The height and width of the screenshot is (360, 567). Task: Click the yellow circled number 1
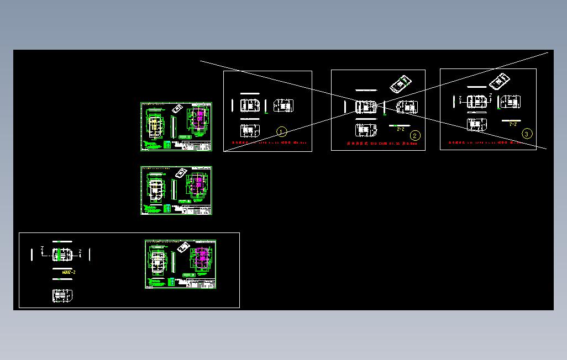pyautogui.click(x=281, y=131)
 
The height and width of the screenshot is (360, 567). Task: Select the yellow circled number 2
pyautogui.click(x=415, y=135)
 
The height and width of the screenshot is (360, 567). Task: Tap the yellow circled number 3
pyautogui.click(x=527, y=134)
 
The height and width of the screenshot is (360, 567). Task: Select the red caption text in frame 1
pyautogui.click(x=267, y=143)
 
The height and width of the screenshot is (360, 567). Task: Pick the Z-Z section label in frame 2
pyautogui.click(x=401, y=129)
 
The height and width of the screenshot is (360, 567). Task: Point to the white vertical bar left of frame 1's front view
pyautogui.click(x=232, y=105)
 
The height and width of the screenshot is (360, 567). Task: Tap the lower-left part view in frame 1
pyautogui.click(x=250, y=130)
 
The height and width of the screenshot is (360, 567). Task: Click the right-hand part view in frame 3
pyautogui.click(x=511, y=102)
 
